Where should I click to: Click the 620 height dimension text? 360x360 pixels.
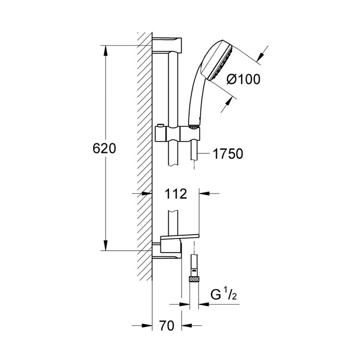[104, 148]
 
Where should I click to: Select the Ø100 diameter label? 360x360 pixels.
[242, 79]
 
